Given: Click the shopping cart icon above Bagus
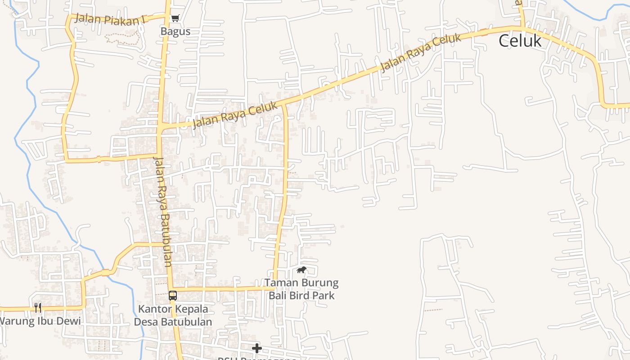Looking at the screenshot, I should coord(175,18).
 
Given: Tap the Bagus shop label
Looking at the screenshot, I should coord(175,31).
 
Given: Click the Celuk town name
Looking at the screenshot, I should coord(520,41).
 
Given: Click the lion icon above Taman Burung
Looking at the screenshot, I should coord(301,270).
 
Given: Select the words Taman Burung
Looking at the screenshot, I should coord(301,283).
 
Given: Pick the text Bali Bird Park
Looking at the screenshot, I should coord(301,296).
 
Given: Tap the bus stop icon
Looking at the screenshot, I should coord(173,296).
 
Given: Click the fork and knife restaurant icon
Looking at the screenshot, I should coord(38,308).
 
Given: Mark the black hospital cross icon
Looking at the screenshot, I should coord(256,348).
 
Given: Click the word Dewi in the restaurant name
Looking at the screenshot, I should coord(69,321).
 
